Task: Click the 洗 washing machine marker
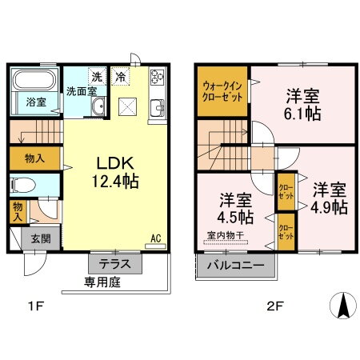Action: [x=96, y=77]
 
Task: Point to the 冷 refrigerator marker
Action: [x=120, y=78]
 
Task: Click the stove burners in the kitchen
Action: [x=157, y=78]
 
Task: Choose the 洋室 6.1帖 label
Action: [x=303, y=106]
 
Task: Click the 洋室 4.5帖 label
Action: [x=234, y=207]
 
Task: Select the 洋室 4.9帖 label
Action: [x=329, y=198]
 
